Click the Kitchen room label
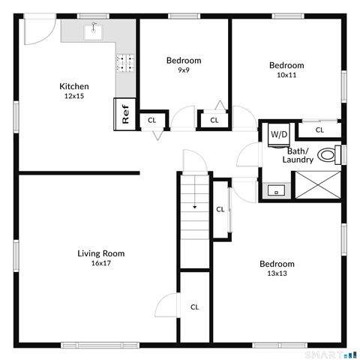pos(74,87)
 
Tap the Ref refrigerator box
pos(125,114)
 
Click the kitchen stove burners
pos(125,64)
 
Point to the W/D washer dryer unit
pos(279,135)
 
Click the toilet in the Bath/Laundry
pos(328,155)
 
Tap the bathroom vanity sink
pos(276,190)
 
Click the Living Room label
pos(101,253)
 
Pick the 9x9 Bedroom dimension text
pos(183,70)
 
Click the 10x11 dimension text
pos(286,75)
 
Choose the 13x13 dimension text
pos(277,274)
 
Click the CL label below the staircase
pos(194,307)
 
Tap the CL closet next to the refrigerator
pos(151,120)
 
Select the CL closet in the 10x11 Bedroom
pos(319,130)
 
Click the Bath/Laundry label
pos(297,155)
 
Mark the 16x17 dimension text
pos(101,263)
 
